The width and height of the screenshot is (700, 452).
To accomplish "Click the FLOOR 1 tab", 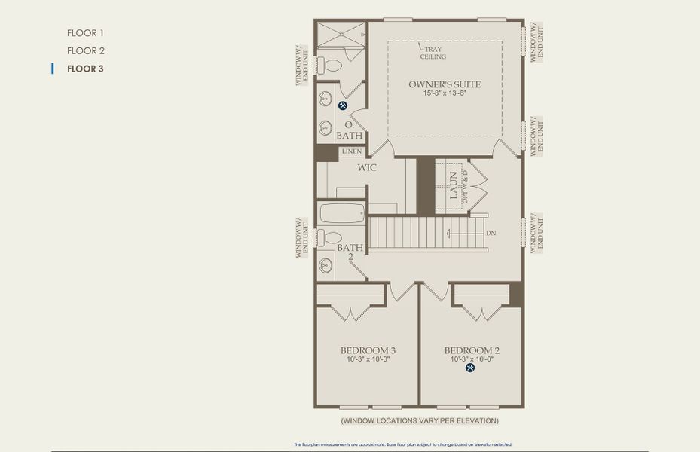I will pos(85,33).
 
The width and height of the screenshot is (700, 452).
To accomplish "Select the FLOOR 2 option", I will pos(85,50).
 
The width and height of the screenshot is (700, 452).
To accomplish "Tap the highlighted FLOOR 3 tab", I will pos(85,69).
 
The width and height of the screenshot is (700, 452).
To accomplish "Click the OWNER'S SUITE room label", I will pos(445,84).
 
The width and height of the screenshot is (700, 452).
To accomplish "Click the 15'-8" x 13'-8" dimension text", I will pos(445,94).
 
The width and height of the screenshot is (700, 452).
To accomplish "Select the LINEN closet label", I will pos(352,151).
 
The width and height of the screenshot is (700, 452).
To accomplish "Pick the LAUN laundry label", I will pos(454,185).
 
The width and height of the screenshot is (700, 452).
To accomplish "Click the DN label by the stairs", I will pos(491,234).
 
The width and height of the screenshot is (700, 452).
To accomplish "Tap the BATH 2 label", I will pos(350,252).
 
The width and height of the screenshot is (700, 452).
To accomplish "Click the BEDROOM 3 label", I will pos(368,350).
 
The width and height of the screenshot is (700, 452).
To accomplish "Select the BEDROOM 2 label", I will pos(472,350).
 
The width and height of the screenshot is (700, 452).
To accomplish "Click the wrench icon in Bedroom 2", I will pos(471,368).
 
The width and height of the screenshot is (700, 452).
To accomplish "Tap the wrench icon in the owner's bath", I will pos(343,105).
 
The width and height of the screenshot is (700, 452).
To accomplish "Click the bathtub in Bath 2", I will pos(341,213).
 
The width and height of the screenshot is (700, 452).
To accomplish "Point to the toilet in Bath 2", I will pos(329,237).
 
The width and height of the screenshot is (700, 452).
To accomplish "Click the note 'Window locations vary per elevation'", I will pos(419,420).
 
